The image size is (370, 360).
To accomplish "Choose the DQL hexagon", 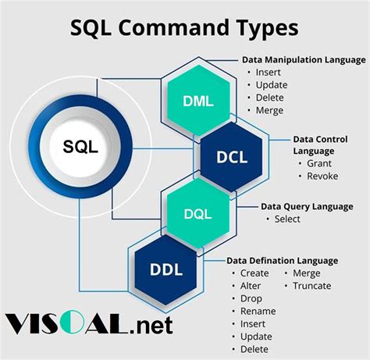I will (x=197, y=213).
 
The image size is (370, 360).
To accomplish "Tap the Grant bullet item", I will (x=318, y=163).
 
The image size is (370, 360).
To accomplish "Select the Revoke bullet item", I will (x=322, y=176).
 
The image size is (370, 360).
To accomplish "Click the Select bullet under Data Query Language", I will (x=286, y=219).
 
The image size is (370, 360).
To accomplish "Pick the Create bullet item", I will (x=254, y=273).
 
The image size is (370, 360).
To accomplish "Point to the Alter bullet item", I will (x=251, y=286).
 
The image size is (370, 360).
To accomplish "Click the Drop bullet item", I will (x=251, y=298).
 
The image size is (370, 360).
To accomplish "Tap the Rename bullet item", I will (x=258, y=311).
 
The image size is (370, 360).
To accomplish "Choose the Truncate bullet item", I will (x=312, y=286).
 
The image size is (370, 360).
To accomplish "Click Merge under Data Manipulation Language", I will (x=269, y=110).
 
